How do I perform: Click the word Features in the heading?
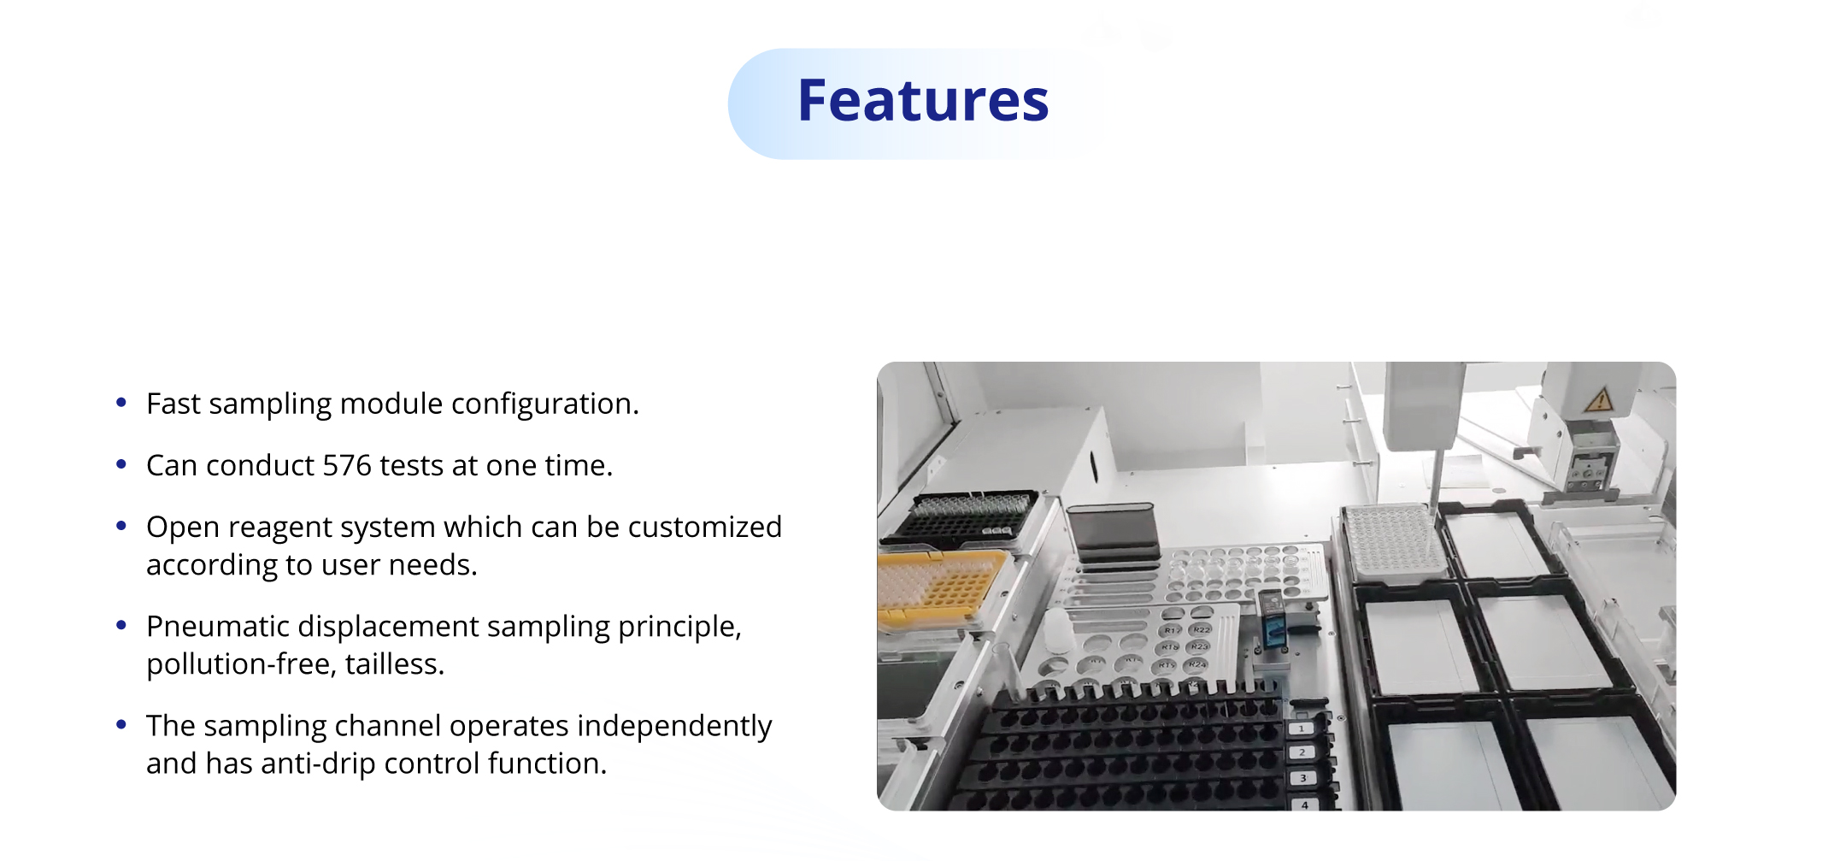[x=923, y=101]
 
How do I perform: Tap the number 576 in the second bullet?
[x=347, y=465]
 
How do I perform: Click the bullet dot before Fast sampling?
[x=121, y=402]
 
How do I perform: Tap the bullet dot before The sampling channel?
[x=121, y=724]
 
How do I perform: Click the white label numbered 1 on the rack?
[x=1301, y=728]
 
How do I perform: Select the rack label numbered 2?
[x=1302, y=752]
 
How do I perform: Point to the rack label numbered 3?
[x=1303, y=778]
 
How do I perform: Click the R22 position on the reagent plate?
[x=1201, y=629]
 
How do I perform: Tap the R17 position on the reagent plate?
[x=1172, y=630]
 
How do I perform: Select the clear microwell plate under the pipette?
[x=1391, y=541]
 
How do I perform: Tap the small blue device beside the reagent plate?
[x=1273, y=623]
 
